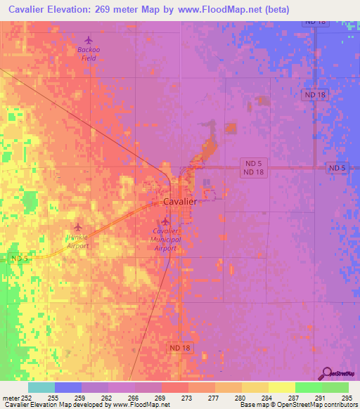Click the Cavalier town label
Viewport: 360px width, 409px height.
click(x=179, y=201)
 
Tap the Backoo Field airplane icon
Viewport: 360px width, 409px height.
click(x=88, y=40)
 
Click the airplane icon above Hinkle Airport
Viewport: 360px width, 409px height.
click(x=77, y=226)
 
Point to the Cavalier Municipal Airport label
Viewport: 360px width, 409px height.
click(x=167, y=239)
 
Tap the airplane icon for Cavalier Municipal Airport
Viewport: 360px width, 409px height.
click(x=165, y=221)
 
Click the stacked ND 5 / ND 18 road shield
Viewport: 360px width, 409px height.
click(x=254, y=168)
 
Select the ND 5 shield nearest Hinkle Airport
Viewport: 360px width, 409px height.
click(x=20, y=259)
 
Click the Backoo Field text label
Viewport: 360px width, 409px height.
click(x=89, y=53)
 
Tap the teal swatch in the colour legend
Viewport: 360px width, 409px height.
click(x=41, y=387)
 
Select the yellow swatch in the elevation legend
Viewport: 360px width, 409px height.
click(x=281, y=387)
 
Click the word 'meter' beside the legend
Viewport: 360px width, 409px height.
click(x=10, y=397)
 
